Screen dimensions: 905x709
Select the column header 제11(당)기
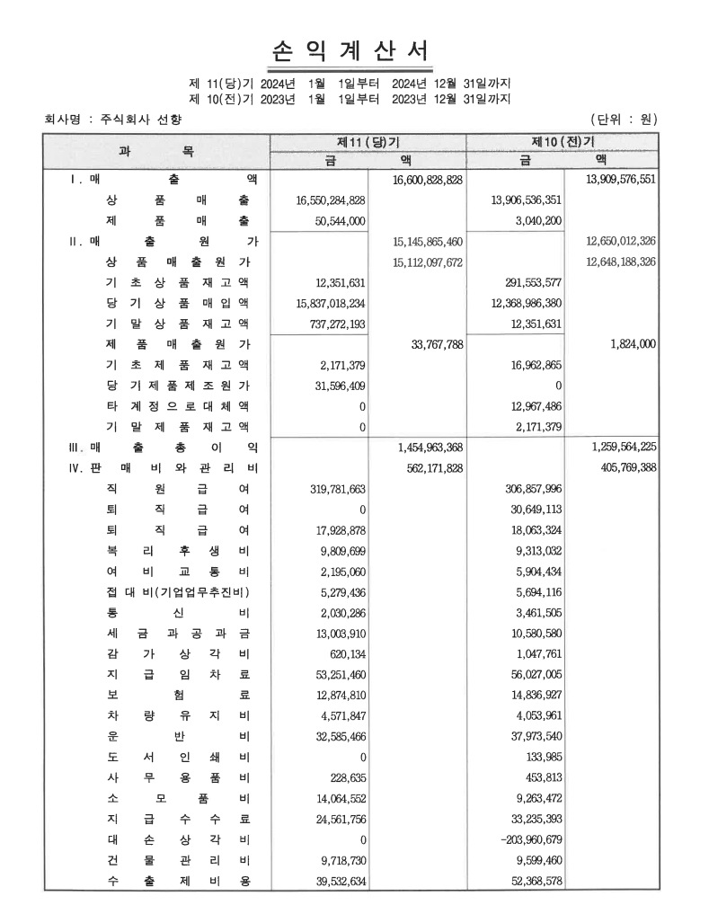(x=368, y=142)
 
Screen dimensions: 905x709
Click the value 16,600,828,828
(x=428, y=180)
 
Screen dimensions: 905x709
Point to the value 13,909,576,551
(x=620, y=180)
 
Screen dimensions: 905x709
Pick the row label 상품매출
(x=177, y=200)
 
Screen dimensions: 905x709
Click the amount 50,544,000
(x=331, y=220)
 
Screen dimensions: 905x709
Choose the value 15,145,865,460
(x=428, y=242)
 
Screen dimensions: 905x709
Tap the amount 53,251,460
(x=331, y=673)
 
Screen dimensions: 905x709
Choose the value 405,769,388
(x=625, y=467)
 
